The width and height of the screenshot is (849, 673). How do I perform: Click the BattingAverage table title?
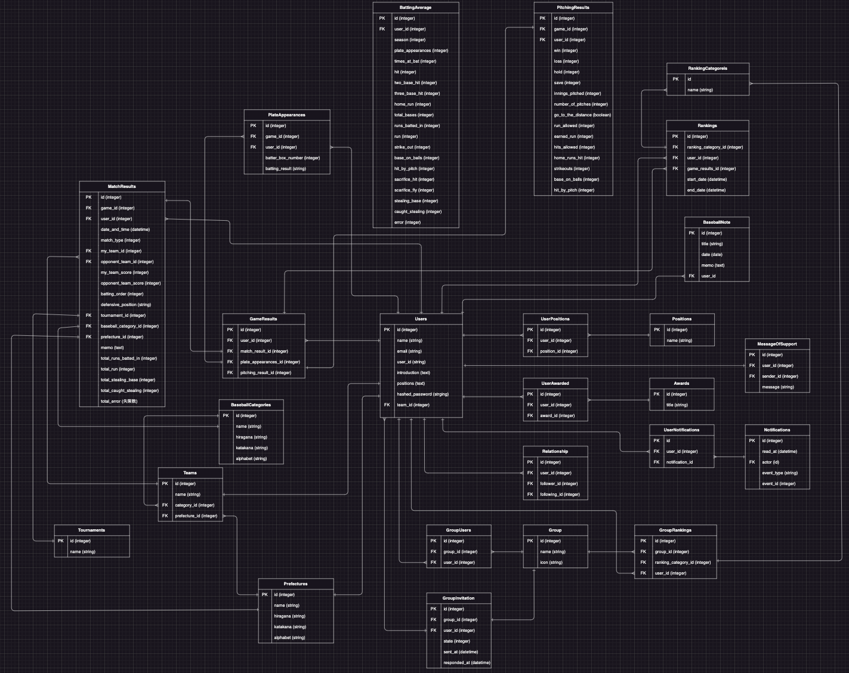coord(415,8)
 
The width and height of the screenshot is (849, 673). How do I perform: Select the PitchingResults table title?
coord(573,8)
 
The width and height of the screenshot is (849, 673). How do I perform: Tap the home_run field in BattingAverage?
coord(412,104)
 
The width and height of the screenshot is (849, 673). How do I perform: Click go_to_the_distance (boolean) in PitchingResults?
coord(582,115)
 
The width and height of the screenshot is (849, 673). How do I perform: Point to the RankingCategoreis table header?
coord(708,69)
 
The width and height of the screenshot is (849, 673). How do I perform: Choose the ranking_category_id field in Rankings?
coord(715,147)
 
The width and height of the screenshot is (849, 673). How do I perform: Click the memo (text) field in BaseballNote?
coord(712,266)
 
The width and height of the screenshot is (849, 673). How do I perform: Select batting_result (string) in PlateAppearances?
coord(285,169)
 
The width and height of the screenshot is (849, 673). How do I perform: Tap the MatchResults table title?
coord(122,187)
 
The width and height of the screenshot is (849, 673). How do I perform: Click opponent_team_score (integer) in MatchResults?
coord(131,283)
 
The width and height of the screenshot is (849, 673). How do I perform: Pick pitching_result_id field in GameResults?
coord(265,373)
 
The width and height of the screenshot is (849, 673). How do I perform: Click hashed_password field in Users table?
coord(422,394)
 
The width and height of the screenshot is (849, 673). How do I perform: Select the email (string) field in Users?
coord(409,351)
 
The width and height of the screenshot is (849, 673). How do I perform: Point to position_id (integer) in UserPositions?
coord(558,351)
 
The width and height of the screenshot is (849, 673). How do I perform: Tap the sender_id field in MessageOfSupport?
coord(780,376)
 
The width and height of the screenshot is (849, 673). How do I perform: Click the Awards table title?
coord(681,384)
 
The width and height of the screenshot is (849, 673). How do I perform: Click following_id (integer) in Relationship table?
coord(560,495)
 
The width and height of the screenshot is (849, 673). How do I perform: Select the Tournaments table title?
coord(91,530)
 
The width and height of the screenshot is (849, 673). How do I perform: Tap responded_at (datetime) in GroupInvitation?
coord(467,663)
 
